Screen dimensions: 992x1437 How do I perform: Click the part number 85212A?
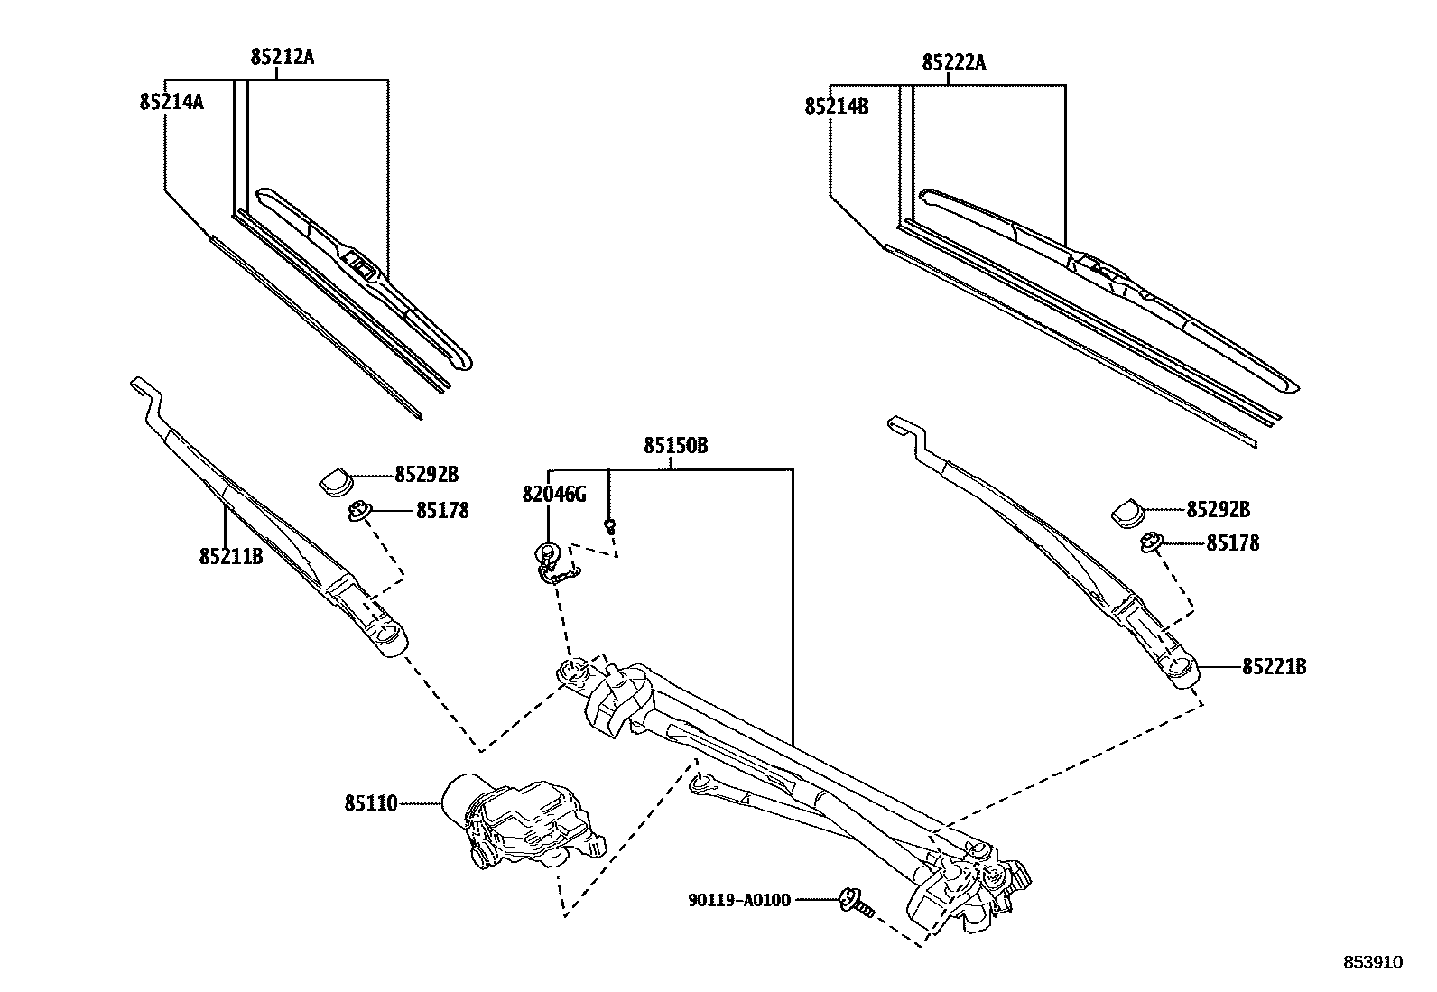[283, 58]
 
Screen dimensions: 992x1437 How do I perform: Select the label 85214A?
[172, 102]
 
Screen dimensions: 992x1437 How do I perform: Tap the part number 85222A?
[954, 63]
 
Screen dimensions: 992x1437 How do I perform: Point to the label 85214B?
[837, 107]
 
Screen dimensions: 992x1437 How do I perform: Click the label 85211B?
[231, 556]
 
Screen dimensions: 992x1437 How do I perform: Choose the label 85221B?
[1274, 667]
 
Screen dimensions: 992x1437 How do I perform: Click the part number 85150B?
[675, 446]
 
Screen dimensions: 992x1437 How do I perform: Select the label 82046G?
[553, 494]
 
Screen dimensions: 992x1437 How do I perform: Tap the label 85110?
[370, 802]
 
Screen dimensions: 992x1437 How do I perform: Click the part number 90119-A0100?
[738, 899]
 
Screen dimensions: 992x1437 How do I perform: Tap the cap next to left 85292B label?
[337, 480]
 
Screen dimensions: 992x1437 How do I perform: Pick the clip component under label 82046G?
[553, 564]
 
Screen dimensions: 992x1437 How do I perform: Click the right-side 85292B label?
[1218, 510]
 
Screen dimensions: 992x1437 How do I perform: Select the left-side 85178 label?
[442, 511]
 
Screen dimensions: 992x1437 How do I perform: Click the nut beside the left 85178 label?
[357, 513]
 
